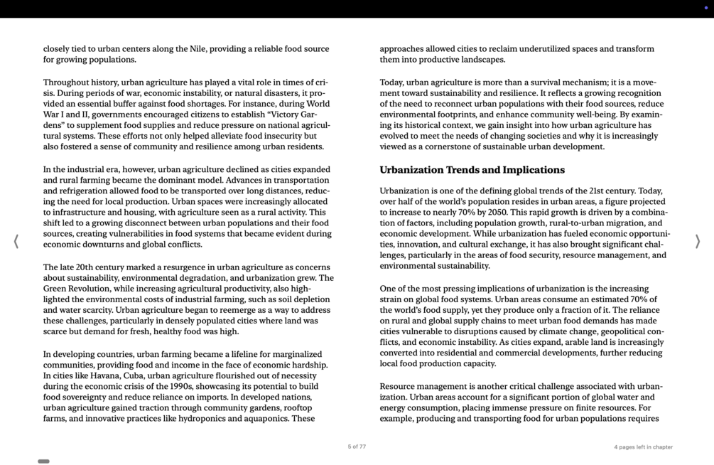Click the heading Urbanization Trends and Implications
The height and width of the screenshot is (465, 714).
(472, 170)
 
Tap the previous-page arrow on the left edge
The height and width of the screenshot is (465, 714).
(16, 242)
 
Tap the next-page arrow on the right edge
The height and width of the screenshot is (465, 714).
(697, 242)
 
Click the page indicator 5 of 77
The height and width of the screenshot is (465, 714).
(357, 447)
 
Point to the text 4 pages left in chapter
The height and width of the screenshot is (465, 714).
(643, 447)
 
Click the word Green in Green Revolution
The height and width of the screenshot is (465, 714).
(56, 289)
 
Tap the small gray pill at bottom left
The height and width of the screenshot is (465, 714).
(43, 461)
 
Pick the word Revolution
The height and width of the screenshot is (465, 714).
(96, 289)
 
